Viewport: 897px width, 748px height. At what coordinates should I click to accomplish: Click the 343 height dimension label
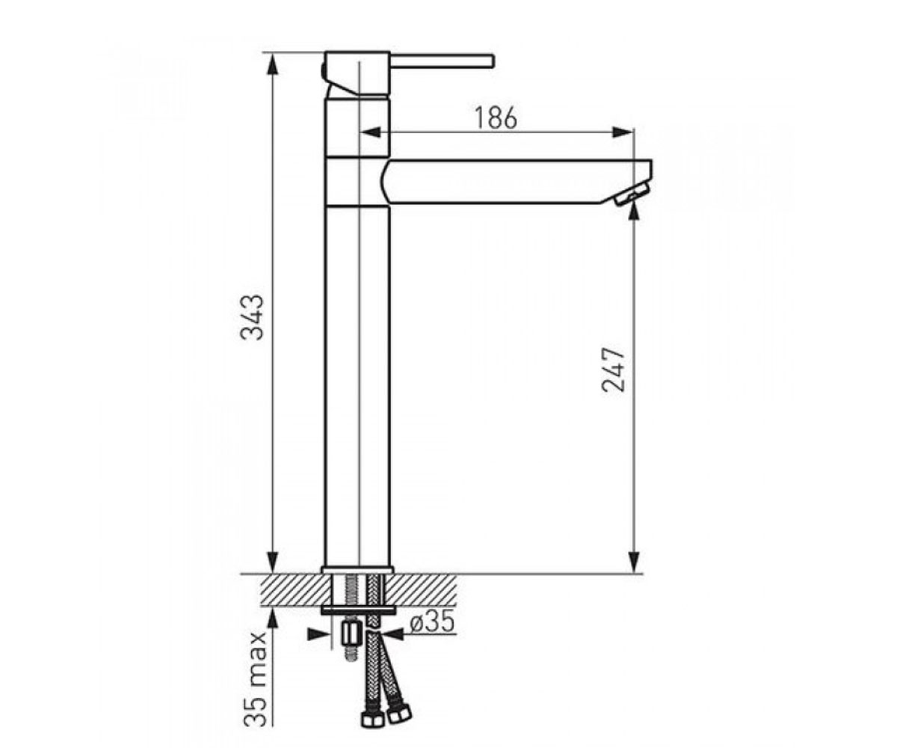point(252,318)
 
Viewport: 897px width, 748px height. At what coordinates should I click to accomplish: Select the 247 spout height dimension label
point(613,370)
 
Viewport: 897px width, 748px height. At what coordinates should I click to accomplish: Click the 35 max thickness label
point(255,679)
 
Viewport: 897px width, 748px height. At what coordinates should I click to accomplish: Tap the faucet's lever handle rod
point(443,61)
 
